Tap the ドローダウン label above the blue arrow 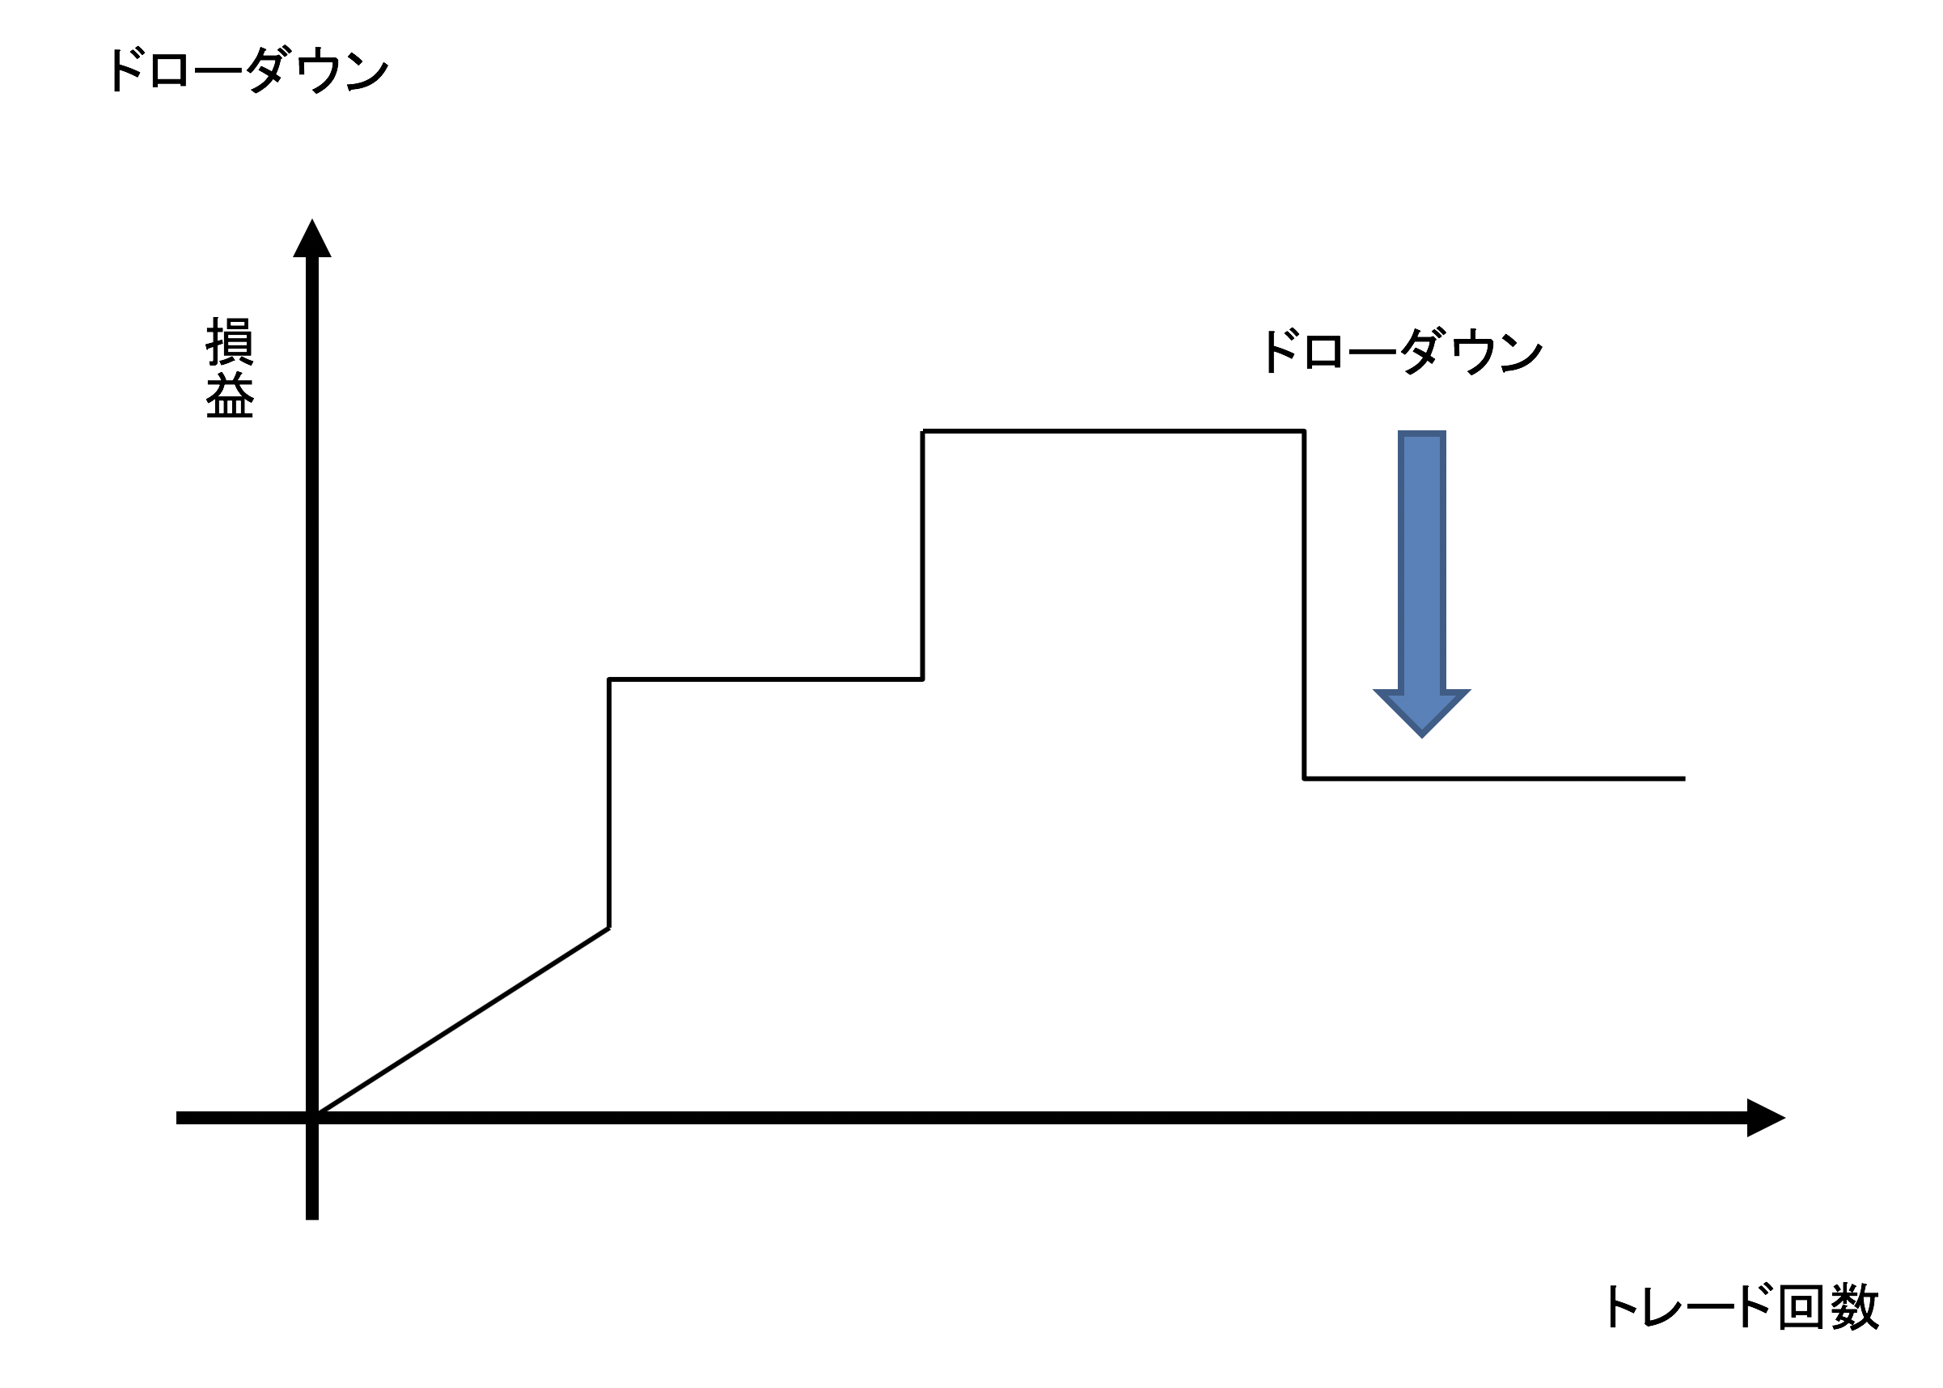[1400, 351]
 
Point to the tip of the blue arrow [1421, 734]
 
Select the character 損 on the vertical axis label [229, 341]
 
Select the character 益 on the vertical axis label [229, 396]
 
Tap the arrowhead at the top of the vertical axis [312, 239]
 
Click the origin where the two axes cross [312, 1118]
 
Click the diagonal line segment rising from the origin [462, 1022]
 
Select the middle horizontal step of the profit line [765, 679]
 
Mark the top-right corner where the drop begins [1304, 432]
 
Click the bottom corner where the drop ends [1304, 779]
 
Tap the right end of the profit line [1683, 779]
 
